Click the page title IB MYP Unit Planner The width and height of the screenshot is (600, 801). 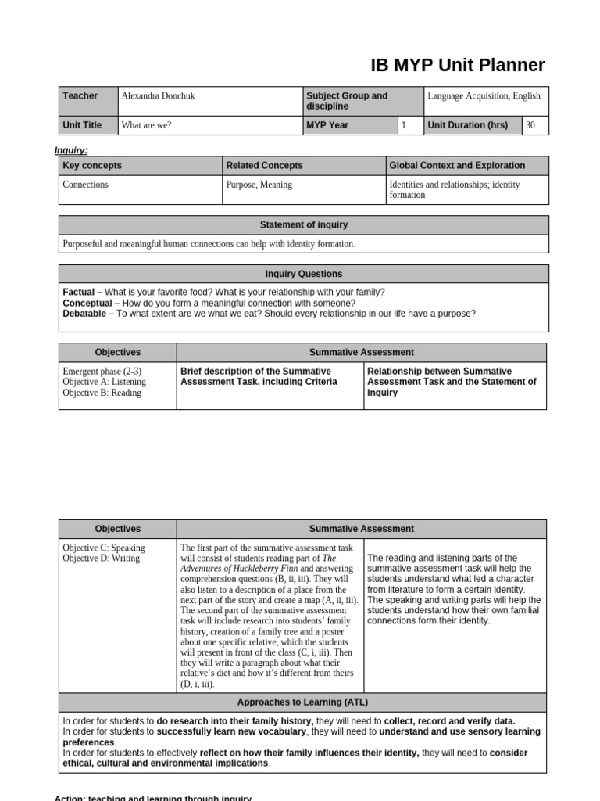[458, 65]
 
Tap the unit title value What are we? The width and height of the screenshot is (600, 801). [147, 125]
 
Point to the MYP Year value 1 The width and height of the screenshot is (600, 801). [404, 125]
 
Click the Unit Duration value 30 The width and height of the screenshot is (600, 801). [530, 125]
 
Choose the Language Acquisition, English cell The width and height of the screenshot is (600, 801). [484, 96]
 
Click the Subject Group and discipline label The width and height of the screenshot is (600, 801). [346, 101]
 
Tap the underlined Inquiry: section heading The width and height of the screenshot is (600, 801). [71, 150]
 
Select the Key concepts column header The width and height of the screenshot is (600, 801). [92, 166]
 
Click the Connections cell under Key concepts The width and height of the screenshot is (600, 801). [86, 185]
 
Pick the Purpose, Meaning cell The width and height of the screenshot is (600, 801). [259, 185]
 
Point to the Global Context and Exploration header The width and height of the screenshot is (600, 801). [457, 166]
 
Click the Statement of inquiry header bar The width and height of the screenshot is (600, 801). [304, 225]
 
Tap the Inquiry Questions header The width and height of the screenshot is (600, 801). [304, 274]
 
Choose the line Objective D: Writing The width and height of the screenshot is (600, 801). [102, 559]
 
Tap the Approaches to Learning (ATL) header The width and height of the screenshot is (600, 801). [304, 702]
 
